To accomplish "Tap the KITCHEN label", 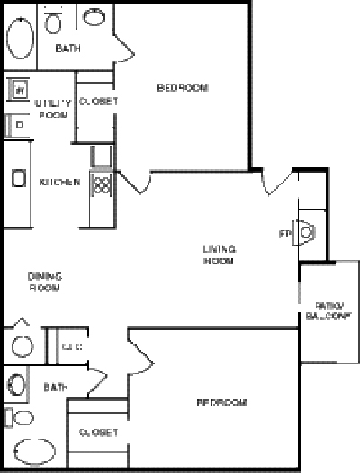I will [x=59, y=183].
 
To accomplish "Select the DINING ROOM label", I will [x=43, y=283].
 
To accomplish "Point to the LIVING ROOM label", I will [x=219, y=254].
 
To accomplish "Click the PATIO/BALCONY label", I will [x=326, y=310].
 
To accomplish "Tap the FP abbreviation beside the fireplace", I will [x=285, y=234].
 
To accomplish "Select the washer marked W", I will [x=17, y=90].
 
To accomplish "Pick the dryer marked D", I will [x=17, y=123].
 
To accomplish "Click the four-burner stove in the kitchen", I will [x=101, y=186].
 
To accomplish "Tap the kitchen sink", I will [x=18, y=179].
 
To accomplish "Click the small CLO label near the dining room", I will [x=72, y=346].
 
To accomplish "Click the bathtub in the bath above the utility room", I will [x=20, y=40].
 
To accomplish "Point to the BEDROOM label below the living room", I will [x=221, y=402].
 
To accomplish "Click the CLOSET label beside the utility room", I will [x=98, y=102].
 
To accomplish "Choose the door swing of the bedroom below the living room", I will [x=139, y=353].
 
